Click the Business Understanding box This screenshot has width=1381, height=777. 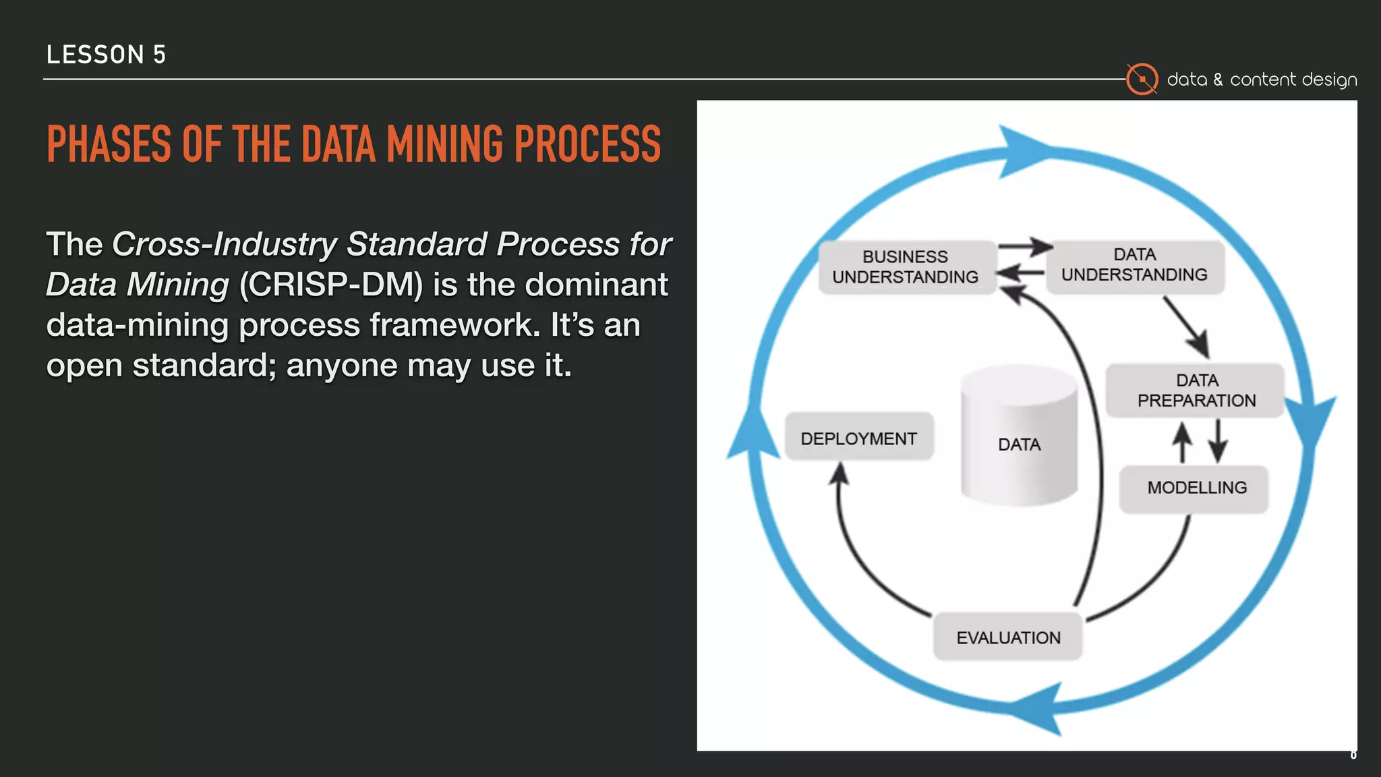[906, 267]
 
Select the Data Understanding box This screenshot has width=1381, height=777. [1134, 265]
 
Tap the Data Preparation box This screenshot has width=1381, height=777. [1196, 391]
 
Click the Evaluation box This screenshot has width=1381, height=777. [1007, 637]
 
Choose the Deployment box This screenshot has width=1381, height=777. [858, 438]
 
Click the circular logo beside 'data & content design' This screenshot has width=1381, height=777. [1142, 80]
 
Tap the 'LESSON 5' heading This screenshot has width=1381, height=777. [106, 55]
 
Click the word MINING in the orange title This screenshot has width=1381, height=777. [444, 144]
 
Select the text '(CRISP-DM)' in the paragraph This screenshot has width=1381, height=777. [330, 285]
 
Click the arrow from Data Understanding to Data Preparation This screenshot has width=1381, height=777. [1186, 328]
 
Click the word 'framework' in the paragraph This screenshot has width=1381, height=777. [456, 325]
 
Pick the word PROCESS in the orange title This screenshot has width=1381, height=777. [587, 144]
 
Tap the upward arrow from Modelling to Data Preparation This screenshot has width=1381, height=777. [1181, 442]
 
